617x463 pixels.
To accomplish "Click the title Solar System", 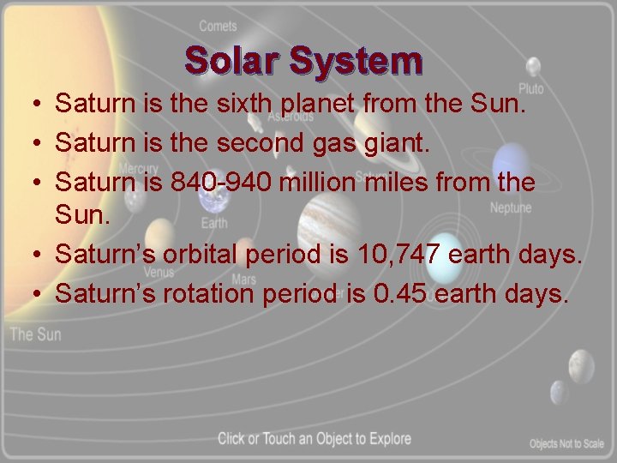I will [x=303, y=61].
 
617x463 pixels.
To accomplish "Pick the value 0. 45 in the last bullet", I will [x=404, y=294].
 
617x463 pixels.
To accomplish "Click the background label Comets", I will [x=218, y=27].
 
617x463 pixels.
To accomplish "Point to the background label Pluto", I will [x=530, y=89].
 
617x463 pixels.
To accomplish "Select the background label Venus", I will [x=159, y=273].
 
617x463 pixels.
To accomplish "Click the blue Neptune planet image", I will [x=512, y=163].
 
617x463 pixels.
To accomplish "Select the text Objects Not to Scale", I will [x=566, y=443].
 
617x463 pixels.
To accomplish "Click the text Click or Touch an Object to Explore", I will [x=314, y=439].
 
